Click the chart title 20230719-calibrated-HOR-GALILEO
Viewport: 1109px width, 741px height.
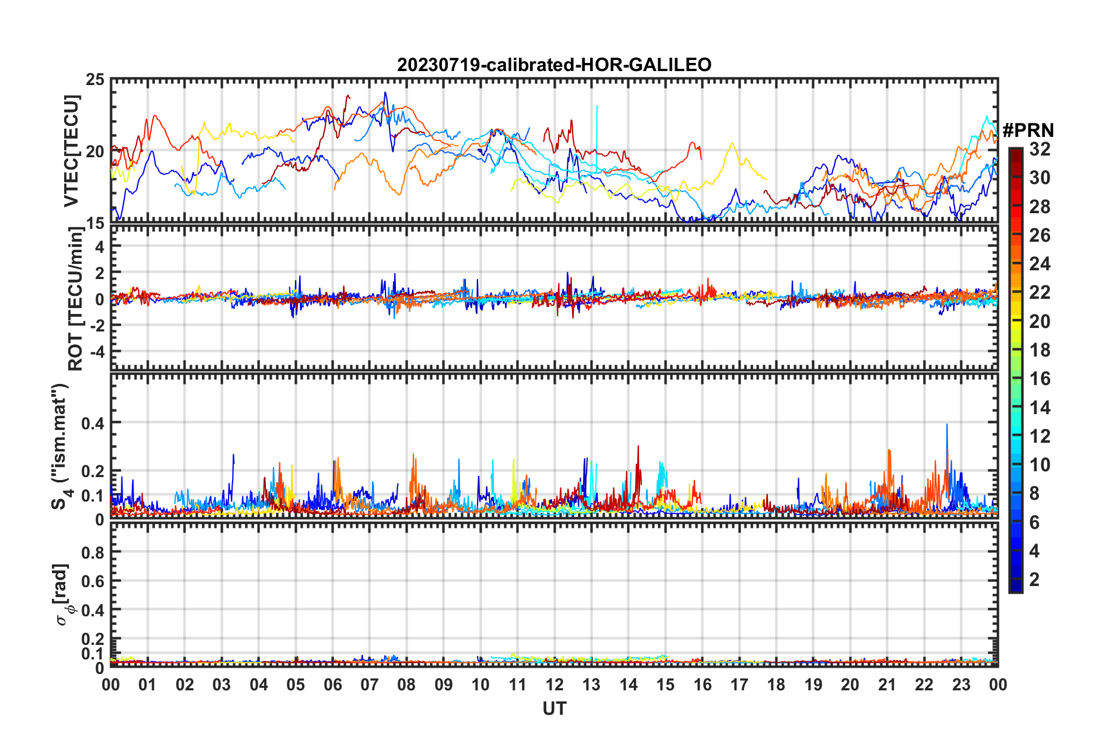(554, 65)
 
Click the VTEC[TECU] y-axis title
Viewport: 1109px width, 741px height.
(71, 151)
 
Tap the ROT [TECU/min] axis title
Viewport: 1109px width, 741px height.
(76, 299)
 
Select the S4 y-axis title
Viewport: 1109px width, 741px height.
(61, 447)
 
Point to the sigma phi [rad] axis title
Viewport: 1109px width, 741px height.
(63, 594)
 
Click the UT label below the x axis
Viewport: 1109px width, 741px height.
(554, 708)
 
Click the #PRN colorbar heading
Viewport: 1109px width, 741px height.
(1028, 130)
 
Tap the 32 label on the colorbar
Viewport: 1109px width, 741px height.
(1040, 149)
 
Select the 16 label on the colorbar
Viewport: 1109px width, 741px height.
(1040, 379)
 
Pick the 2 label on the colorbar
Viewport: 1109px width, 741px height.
(1034, 579)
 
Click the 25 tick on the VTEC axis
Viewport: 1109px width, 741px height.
(95, 80)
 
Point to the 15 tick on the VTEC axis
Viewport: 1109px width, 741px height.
(95, 223)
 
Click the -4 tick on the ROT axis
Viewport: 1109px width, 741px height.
(96, 352)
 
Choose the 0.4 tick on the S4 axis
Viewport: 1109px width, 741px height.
(93, 423)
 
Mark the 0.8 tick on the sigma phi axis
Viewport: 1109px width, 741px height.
(93, 552)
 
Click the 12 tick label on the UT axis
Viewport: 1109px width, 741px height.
(554, 684)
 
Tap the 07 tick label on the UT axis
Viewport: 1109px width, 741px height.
(369, 684)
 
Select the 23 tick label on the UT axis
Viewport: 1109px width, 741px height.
(961, 684)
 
